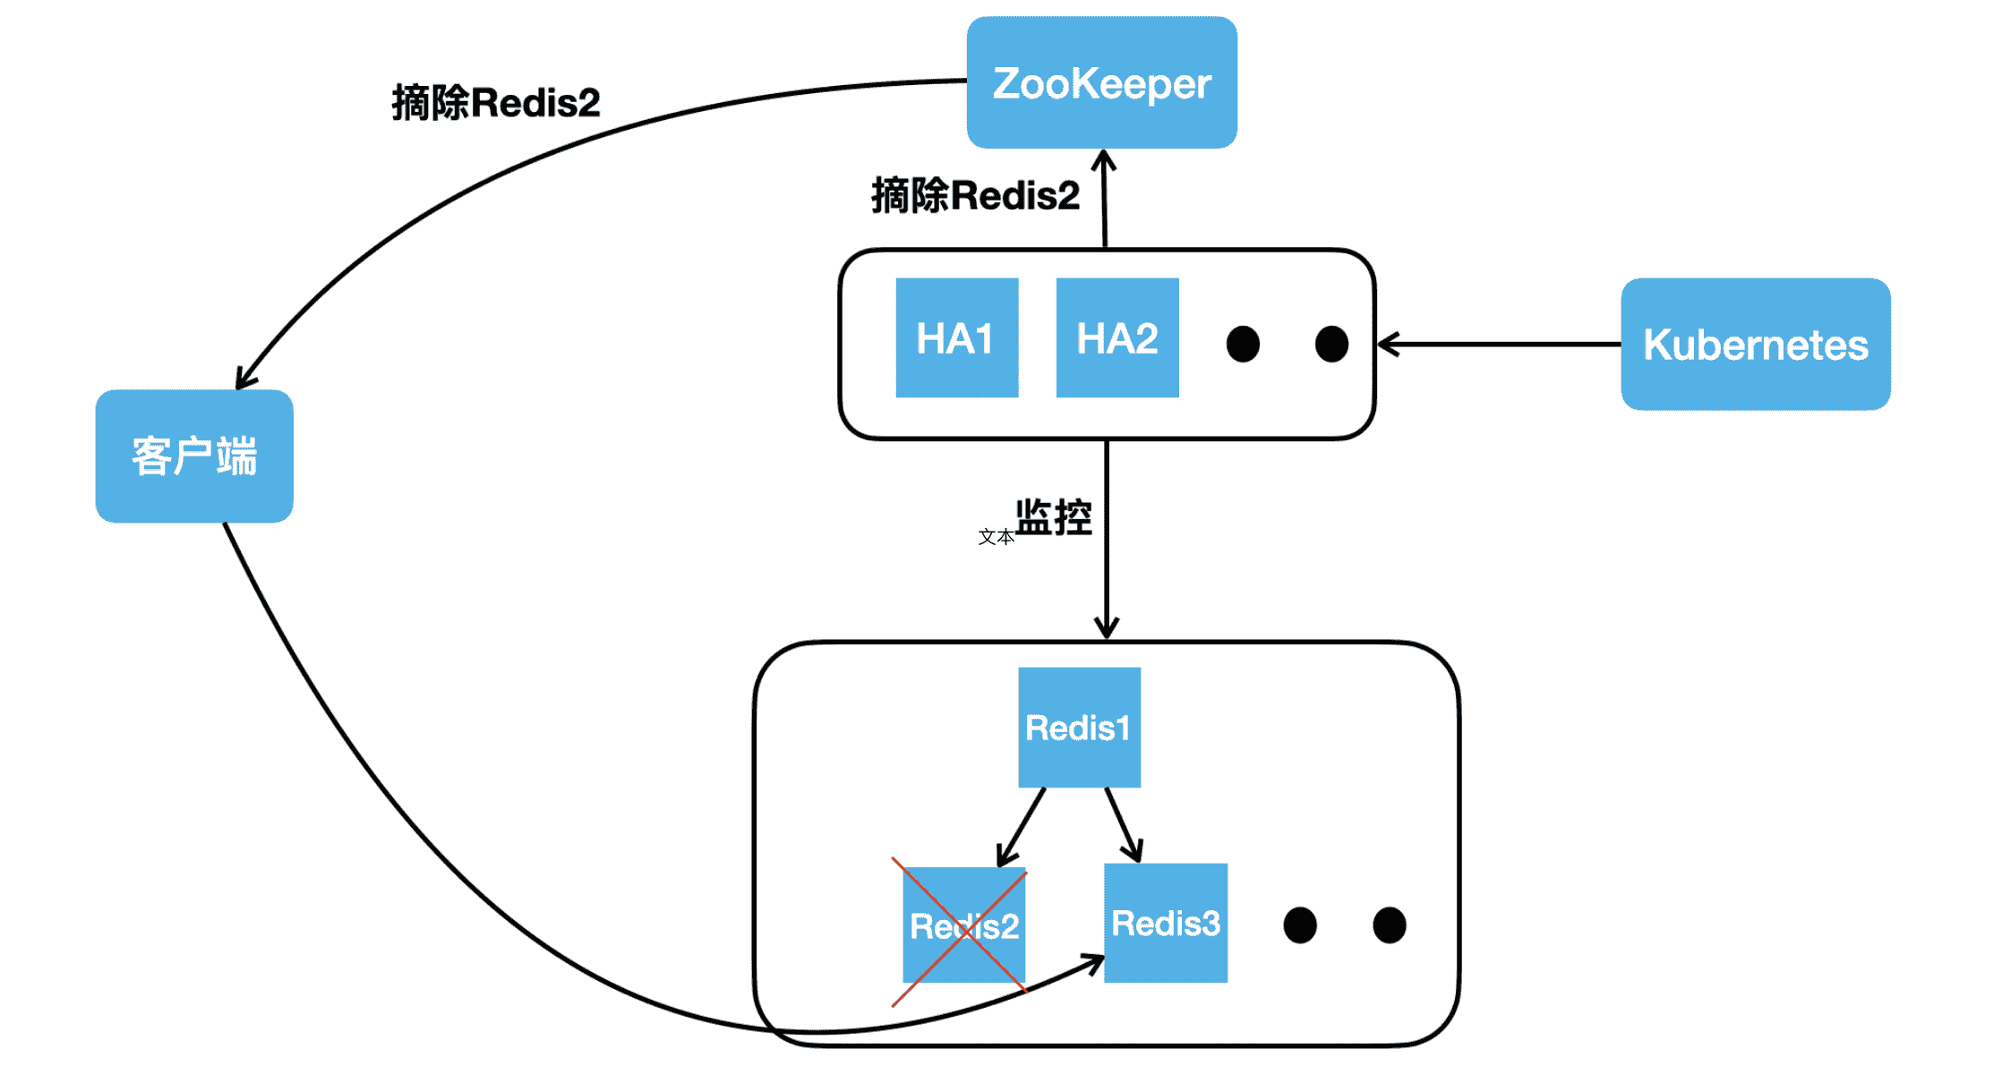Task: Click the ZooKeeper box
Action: pos(1101,82)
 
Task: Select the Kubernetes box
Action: pos(1755,345)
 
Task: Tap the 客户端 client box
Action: pos(194,456)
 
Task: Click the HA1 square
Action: pos(956,337)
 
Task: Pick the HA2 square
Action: pos(1116,337)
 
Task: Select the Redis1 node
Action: pos(1079,727)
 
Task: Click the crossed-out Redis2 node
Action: pos(963,925)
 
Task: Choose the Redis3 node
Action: pos(1165,923)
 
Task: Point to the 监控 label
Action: pos(1054,517)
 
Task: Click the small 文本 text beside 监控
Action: pos(996,537)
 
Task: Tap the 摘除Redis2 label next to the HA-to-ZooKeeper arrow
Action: pos(975,195)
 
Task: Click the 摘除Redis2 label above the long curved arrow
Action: pos(495,102)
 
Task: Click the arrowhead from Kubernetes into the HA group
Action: pos(1388,344)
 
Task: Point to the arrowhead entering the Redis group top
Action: pos(1107,628)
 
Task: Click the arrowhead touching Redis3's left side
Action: pos(1094,963)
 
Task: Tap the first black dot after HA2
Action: pos(1243,344)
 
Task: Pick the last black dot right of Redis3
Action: pos(1389,925)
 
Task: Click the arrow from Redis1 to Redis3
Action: pos(1122,823)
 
